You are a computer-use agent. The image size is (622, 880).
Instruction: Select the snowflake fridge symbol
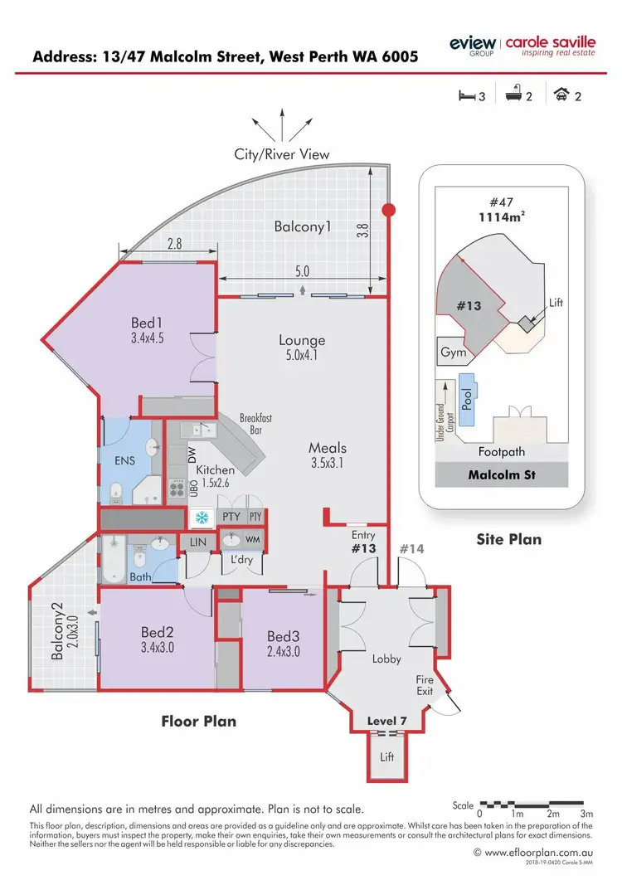(x=200, y=518)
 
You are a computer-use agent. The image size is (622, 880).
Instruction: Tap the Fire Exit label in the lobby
(x=425, y=685)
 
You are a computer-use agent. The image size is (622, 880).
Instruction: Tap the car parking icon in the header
(x=562, y=95)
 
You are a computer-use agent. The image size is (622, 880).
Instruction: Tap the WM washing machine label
(x=252, y=540)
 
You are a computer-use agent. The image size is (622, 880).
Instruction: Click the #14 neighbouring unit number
(x=412, y=548)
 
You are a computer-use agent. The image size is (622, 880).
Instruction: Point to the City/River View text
(x=282, y=154)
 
